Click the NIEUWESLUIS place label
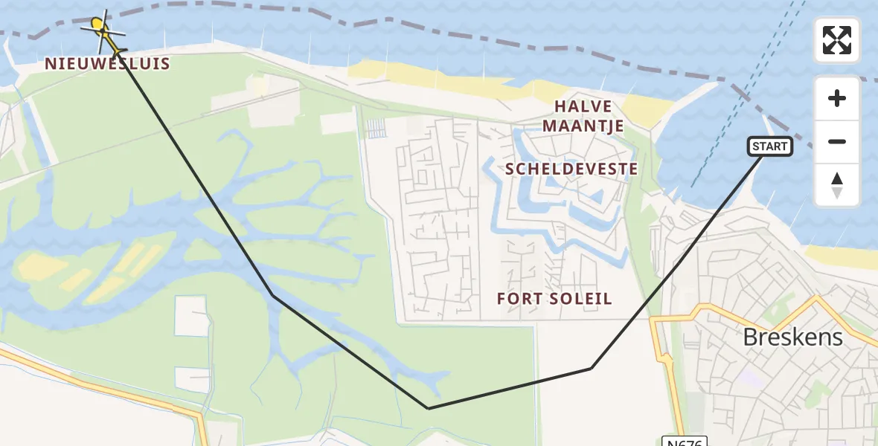point(107,64)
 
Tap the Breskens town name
point(792,337)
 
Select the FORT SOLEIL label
point(556,299)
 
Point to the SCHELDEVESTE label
point(571,169)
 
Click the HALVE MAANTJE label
point(583,116)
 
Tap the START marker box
point(769,146)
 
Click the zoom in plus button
point(837,98)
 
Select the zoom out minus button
point(837,141)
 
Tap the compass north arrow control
point(837,184)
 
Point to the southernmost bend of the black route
point(428,408)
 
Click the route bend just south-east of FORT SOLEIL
point(592,368)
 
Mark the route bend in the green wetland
point(273,296)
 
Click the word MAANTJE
point(583,126)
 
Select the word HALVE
point(583,106)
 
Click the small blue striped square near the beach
point(377,129)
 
